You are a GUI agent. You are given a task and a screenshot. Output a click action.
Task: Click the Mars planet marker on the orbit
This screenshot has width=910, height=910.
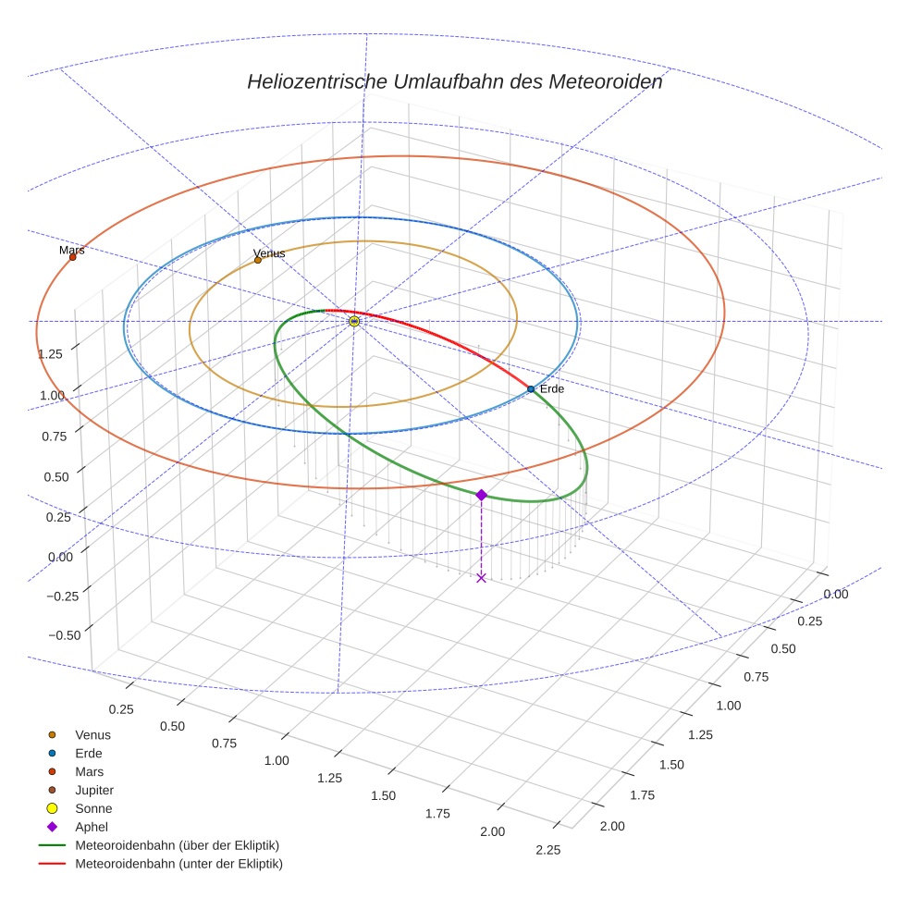tap(72, 257)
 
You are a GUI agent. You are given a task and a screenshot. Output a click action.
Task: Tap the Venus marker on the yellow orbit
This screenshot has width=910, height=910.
tap(258, 260)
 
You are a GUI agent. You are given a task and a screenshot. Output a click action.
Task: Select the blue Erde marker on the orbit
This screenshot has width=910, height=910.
tap(531, 389)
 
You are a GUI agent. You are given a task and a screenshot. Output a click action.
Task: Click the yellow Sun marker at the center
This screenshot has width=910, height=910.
tap(354, 321)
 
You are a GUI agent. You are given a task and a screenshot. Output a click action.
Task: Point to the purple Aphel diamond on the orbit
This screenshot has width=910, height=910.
tap(481, 495)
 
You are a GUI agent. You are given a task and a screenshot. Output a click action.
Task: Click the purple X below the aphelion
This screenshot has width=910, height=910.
tap(481, 578)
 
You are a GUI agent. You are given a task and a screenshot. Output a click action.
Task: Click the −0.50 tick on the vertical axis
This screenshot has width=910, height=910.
tap(63, 633)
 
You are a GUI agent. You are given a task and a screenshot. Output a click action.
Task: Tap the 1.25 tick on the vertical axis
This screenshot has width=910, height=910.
tap(50, 353)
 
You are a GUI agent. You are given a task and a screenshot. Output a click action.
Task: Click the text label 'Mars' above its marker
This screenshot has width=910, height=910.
tap(72, 251)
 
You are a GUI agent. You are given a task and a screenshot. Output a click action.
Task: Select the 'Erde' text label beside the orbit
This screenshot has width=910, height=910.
tap(552, 389)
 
